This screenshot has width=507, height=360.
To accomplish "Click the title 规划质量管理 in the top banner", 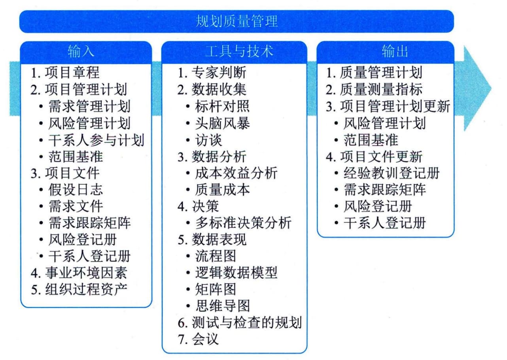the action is click(236, 21).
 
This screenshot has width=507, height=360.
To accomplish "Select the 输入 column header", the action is click(81, 51).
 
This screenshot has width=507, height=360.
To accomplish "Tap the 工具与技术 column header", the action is click(239, 51).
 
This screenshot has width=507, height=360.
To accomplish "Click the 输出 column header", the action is click(395, 51).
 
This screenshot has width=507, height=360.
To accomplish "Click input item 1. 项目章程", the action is click(65, 73).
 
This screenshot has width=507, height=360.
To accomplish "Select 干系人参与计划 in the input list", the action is click(96, 140).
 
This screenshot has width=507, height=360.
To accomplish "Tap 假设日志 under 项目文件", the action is click(76, 190).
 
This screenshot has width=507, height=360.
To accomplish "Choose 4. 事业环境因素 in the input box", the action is click(79, 273).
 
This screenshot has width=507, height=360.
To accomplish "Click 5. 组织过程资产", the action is click(79, 289).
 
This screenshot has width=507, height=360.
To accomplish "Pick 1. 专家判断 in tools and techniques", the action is click(212, 73).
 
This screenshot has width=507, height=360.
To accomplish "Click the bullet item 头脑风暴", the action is click(223, 123).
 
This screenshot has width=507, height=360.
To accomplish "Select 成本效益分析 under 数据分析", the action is click(236, 173).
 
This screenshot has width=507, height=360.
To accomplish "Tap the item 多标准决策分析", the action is click(243, 223).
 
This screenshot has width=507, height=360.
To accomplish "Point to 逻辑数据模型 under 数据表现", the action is click(236, 273).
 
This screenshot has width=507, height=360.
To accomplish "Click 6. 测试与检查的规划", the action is click(240, 322).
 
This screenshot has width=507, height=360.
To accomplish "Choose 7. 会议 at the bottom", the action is click(198, 339).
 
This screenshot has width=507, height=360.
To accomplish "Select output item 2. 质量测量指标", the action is click(374, 89).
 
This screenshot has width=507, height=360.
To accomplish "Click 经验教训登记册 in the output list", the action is click(392, 173).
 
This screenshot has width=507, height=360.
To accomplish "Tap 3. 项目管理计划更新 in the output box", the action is click(388, 106).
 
